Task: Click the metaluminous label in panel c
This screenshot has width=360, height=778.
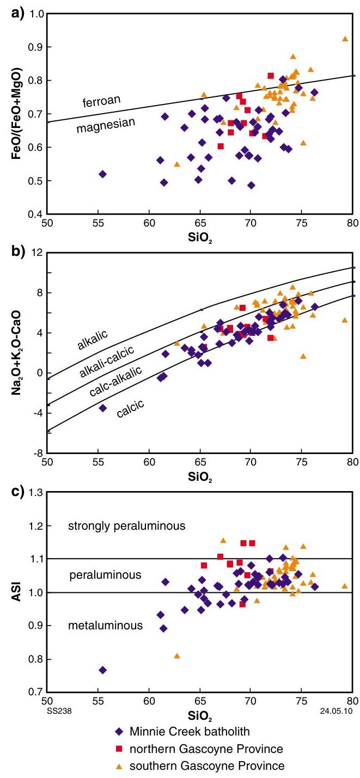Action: coord(105,626)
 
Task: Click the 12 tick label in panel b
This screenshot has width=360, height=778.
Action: coord(37,253)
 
